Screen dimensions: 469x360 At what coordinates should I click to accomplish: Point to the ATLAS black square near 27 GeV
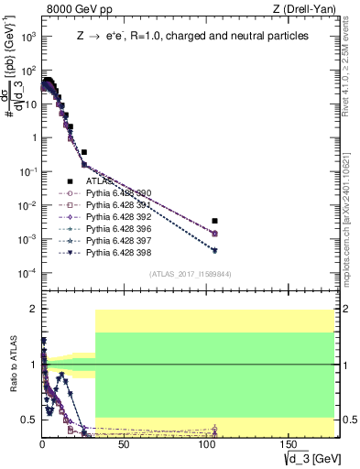coord(84,152)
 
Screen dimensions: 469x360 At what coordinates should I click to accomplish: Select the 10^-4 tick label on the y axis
coord(27,273)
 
